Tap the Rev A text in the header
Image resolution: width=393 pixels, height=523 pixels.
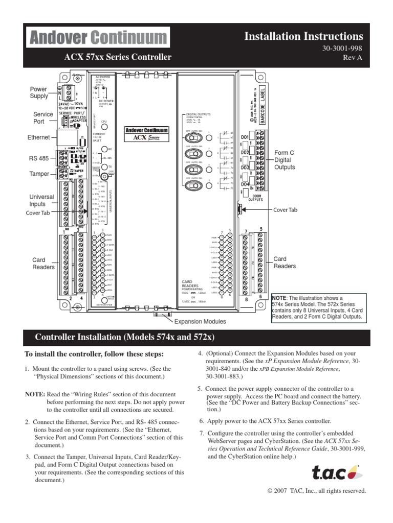click(x=353, y=58)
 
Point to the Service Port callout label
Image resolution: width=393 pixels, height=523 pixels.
click(x=43, y=118)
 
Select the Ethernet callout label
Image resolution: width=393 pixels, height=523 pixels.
click(x=39, y=137)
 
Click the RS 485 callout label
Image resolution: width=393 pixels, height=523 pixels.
click(x=40, y=159)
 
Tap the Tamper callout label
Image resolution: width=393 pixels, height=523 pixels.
click(x=39, y=174)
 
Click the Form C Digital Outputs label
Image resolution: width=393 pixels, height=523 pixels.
click(x=285, y=160)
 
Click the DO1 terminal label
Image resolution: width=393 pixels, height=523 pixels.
click(x=245, y=138)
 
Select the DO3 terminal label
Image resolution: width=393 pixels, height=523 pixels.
click(x=245, y=168)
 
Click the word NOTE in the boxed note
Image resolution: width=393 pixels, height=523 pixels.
click(x=279, y=298)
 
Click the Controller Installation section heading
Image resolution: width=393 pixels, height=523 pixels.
click(x=124, y=338)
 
